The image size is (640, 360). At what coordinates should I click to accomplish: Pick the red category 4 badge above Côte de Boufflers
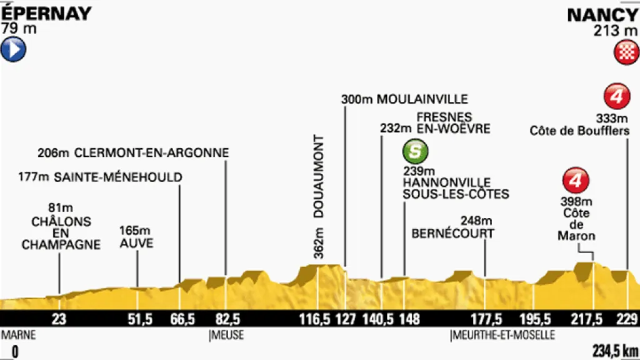point(616,97)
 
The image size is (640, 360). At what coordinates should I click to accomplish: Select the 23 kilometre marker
point(59,319)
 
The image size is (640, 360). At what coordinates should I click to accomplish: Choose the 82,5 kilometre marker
point(226,319)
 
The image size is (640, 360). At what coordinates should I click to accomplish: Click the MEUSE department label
point(227,336)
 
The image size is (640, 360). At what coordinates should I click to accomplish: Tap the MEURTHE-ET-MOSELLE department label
point(504,336)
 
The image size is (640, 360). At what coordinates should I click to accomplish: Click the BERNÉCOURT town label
point(453,233)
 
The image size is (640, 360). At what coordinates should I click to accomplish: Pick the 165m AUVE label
point(136,237)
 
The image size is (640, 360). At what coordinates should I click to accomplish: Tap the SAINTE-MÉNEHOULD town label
point(117,177)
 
